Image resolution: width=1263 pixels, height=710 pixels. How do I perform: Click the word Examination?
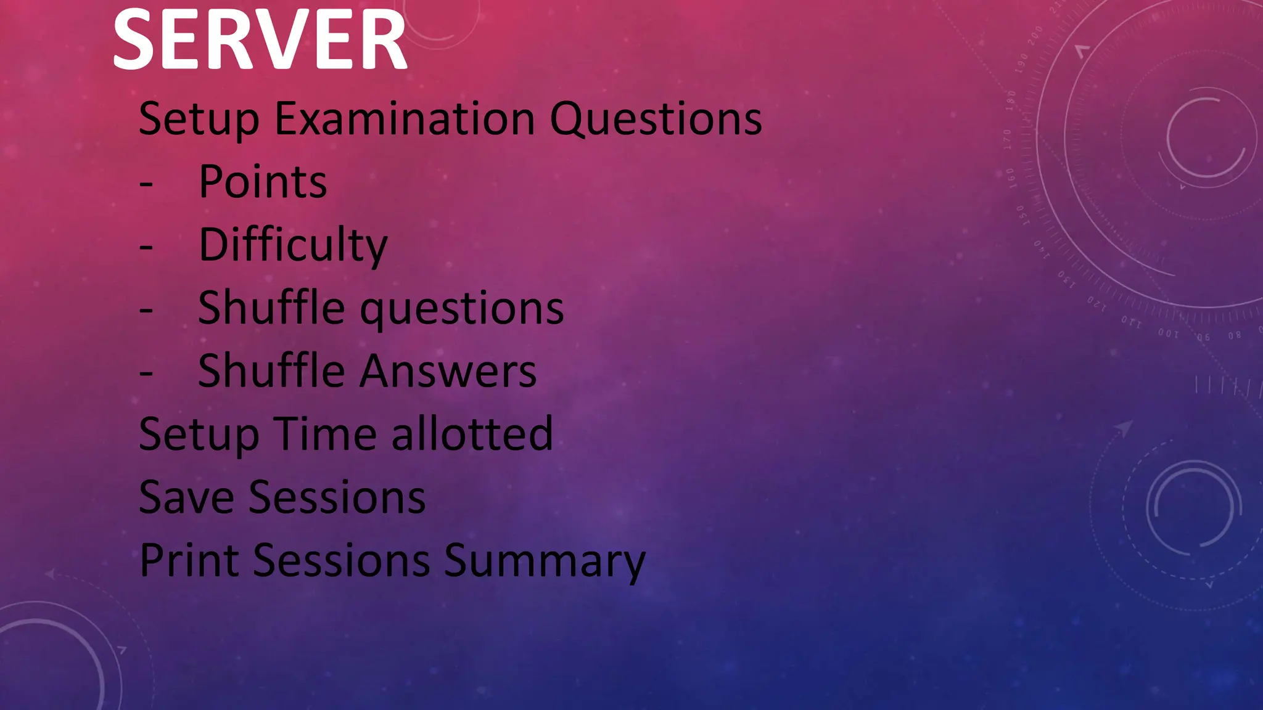tap(405, 118)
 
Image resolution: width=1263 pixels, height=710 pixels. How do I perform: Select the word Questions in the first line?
tap(656, 118)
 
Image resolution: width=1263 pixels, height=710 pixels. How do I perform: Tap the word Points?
tap(263, 182)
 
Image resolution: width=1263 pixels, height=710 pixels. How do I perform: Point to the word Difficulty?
tap(293, 245)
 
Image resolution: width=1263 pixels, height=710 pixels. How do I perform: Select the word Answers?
tap(448, 371)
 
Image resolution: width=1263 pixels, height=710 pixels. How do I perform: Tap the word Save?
tap(186, 497)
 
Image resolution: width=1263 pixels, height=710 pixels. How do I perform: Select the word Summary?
tap(544, 561)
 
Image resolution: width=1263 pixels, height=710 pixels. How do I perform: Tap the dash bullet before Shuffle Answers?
tap(146, 372)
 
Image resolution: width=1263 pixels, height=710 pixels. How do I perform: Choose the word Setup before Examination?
tap(199, 120)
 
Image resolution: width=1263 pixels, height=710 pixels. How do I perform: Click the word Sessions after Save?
tap(337, 497)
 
